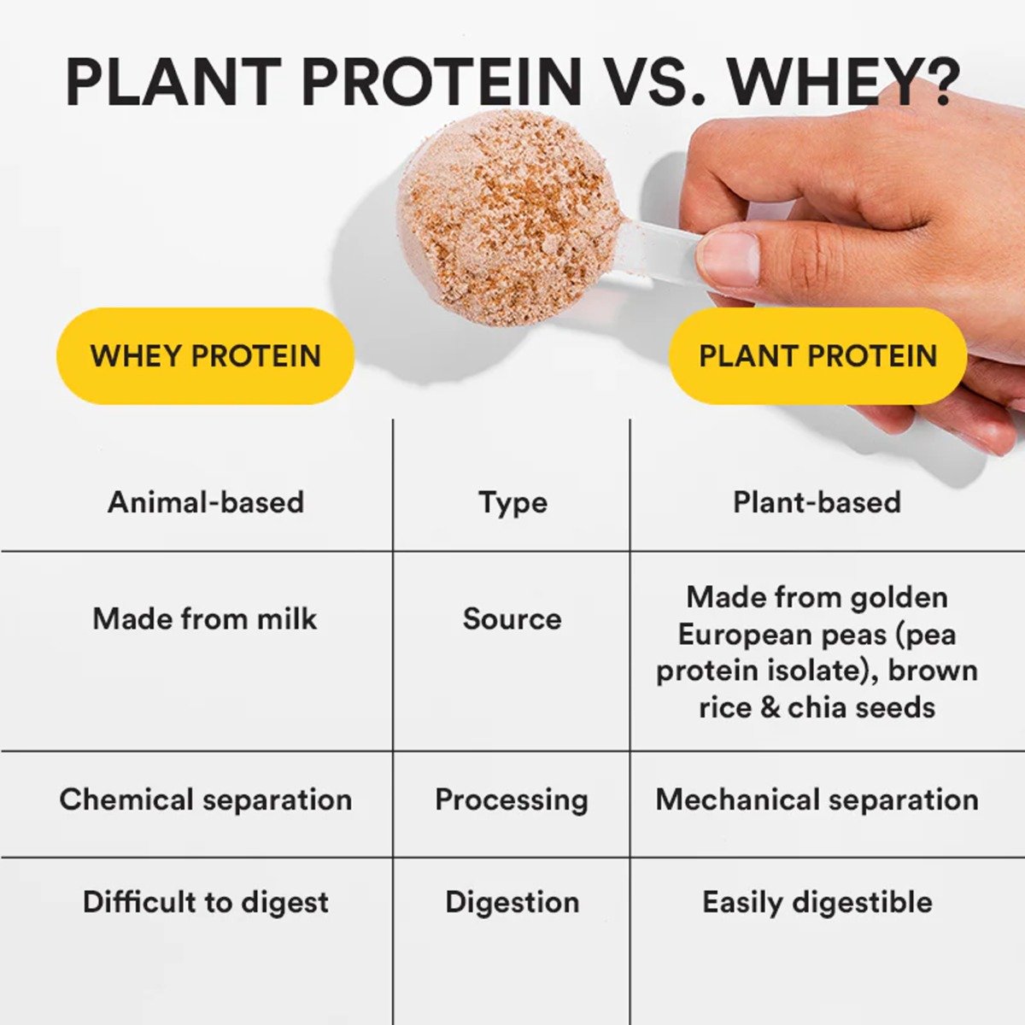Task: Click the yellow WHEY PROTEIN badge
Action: pos(205,355)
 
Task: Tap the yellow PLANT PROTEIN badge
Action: pos(817,355)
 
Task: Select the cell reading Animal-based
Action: pos(206,501)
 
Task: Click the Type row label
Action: pos(512,502)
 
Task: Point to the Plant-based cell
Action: pos(817,501)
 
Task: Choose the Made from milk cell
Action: pos(204,618)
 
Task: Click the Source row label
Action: pos(512,618)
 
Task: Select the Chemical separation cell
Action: pos(205,799)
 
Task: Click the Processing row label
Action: pos(512,799)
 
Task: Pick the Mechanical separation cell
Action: pos(817,799)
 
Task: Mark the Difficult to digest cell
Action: pos(205,902)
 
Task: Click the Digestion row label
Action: pos(512,902)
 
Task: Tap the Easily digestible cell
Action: pos(817,902)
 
